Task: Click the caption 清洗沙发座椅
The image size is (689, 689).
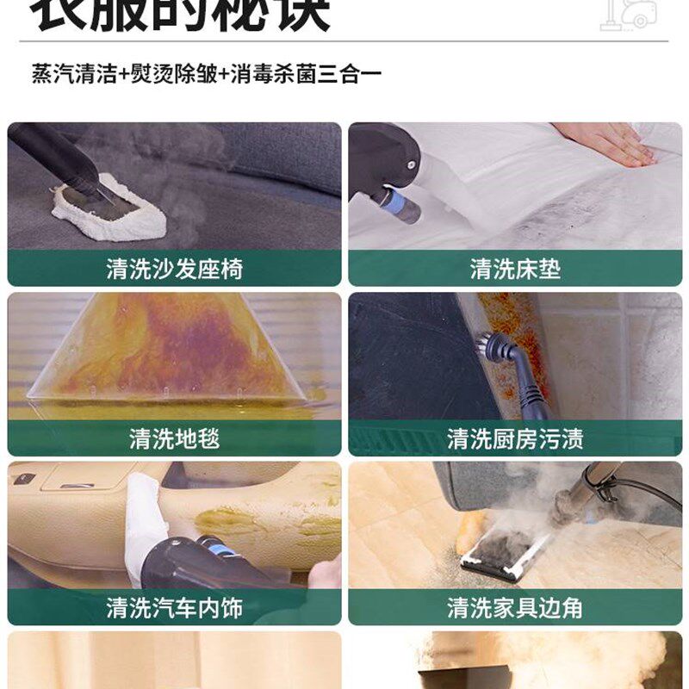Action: (x=175, y=270)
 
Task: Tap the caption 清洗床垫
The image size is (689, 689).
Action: (x=515, y=270)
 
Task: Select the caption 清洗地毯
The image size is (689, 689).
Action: (x=175, y=439)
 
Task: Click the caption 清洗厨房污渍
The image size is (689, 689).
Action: (x=515, y=439)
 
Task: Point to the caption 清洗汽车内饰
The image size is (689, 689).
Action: (x=175, y=608)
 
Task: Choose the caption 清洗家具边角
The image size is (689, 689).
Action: (x=515, y=608)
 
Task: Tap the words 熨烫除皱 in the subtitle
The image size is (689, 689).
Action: (x=172, y=73)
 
